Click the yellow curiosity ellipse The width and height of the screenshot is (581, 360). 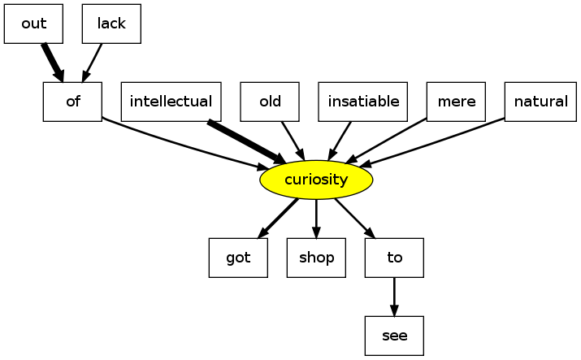point(316,180)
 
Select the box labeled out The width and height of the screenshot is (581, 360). point(33,24)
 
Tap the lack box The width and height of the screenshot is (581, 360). point(111,24)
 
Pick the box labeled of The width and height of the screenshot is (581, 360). point(72,102)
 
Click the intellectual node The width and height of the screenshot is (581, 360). point(171,102)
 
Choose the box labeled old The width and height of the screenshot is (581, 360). point(270,102)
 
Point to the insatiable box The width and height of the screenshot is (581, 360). point(363,102)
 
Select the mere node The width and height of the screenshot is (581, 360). point(456,102)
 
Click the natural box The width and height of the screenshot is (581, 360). point(541,102)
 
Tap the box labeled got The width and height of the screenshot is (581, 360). point(238,258)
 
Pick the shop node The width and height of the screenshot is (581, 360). point(316,258)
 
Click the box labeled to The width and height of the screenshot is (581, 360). point(394,258)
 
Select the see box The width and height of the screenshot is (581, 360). point(394,336)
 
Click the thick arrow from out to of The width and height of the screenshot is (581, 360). point(52,62)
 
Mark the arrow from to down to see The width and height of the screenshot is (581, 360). point(394,297)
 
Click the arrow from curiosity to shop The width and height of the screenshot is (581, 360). point(316,218)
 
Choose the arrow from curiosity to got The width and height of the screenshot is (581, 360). point(278,218)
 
